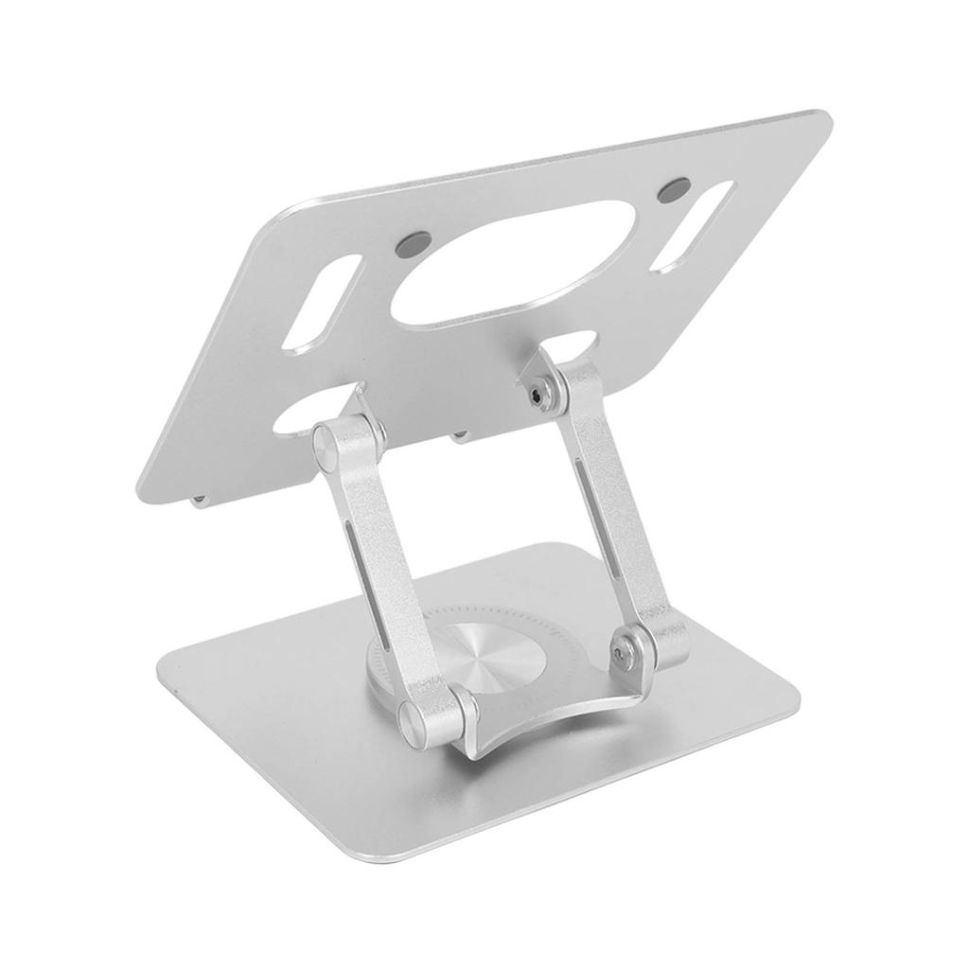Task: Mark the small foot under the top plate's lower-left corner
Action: pyautogui.click(x=201, y=499)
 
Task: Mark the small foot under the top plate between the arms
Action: pyautogui.click(x=461, y=434)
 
